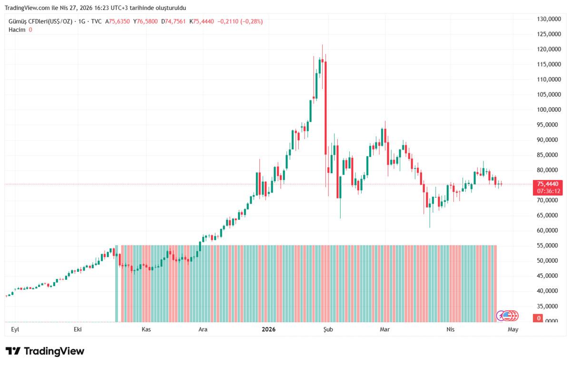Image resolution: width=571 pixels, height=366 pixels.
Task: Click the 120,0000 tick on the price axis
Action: (x=548, y=49)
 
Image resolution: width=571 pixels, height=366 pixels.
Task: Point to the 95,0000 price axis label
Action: (x=548, y=125)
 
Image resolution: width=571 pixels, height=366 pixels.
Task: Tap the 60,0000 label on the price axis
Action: (x=548, y=230)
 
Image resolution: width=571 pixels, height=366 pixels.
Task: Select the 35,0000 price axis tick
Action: (x=548, y=306)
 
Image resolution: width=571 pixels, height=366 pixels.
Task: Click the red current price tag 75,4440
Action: (x=547, y=184)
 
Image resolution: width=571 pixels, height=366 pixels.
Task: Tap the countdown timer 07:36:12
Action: (x=547, y=190)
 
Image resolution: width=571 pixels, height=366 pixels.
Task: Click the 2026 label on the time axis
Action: (x=269, y=329)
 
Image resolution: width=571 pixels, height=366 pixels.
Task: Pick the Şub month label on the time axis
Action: (x=327, y=329)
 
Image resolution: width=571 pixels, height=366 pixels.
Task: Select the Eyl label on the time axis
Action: (x=15, y=329)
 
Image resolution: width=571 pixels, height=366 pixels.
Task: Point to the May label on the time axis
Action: (x=512, y=329)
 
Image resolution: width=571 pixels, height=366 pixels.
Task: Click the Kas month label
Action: (x=147, y=329)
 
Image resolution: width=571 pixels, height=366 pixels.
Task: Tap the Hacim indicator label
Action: (x=17, y=30)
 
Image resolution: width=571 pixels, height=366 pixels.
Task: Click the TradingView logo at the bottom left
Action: (x=45, y=351)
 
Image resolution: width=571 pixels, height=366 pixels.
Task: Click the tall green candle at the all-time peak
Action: (x=320, y=66)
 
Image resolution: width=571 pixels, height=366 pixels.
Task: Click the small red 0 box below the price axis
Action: (x=539, y=318)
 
